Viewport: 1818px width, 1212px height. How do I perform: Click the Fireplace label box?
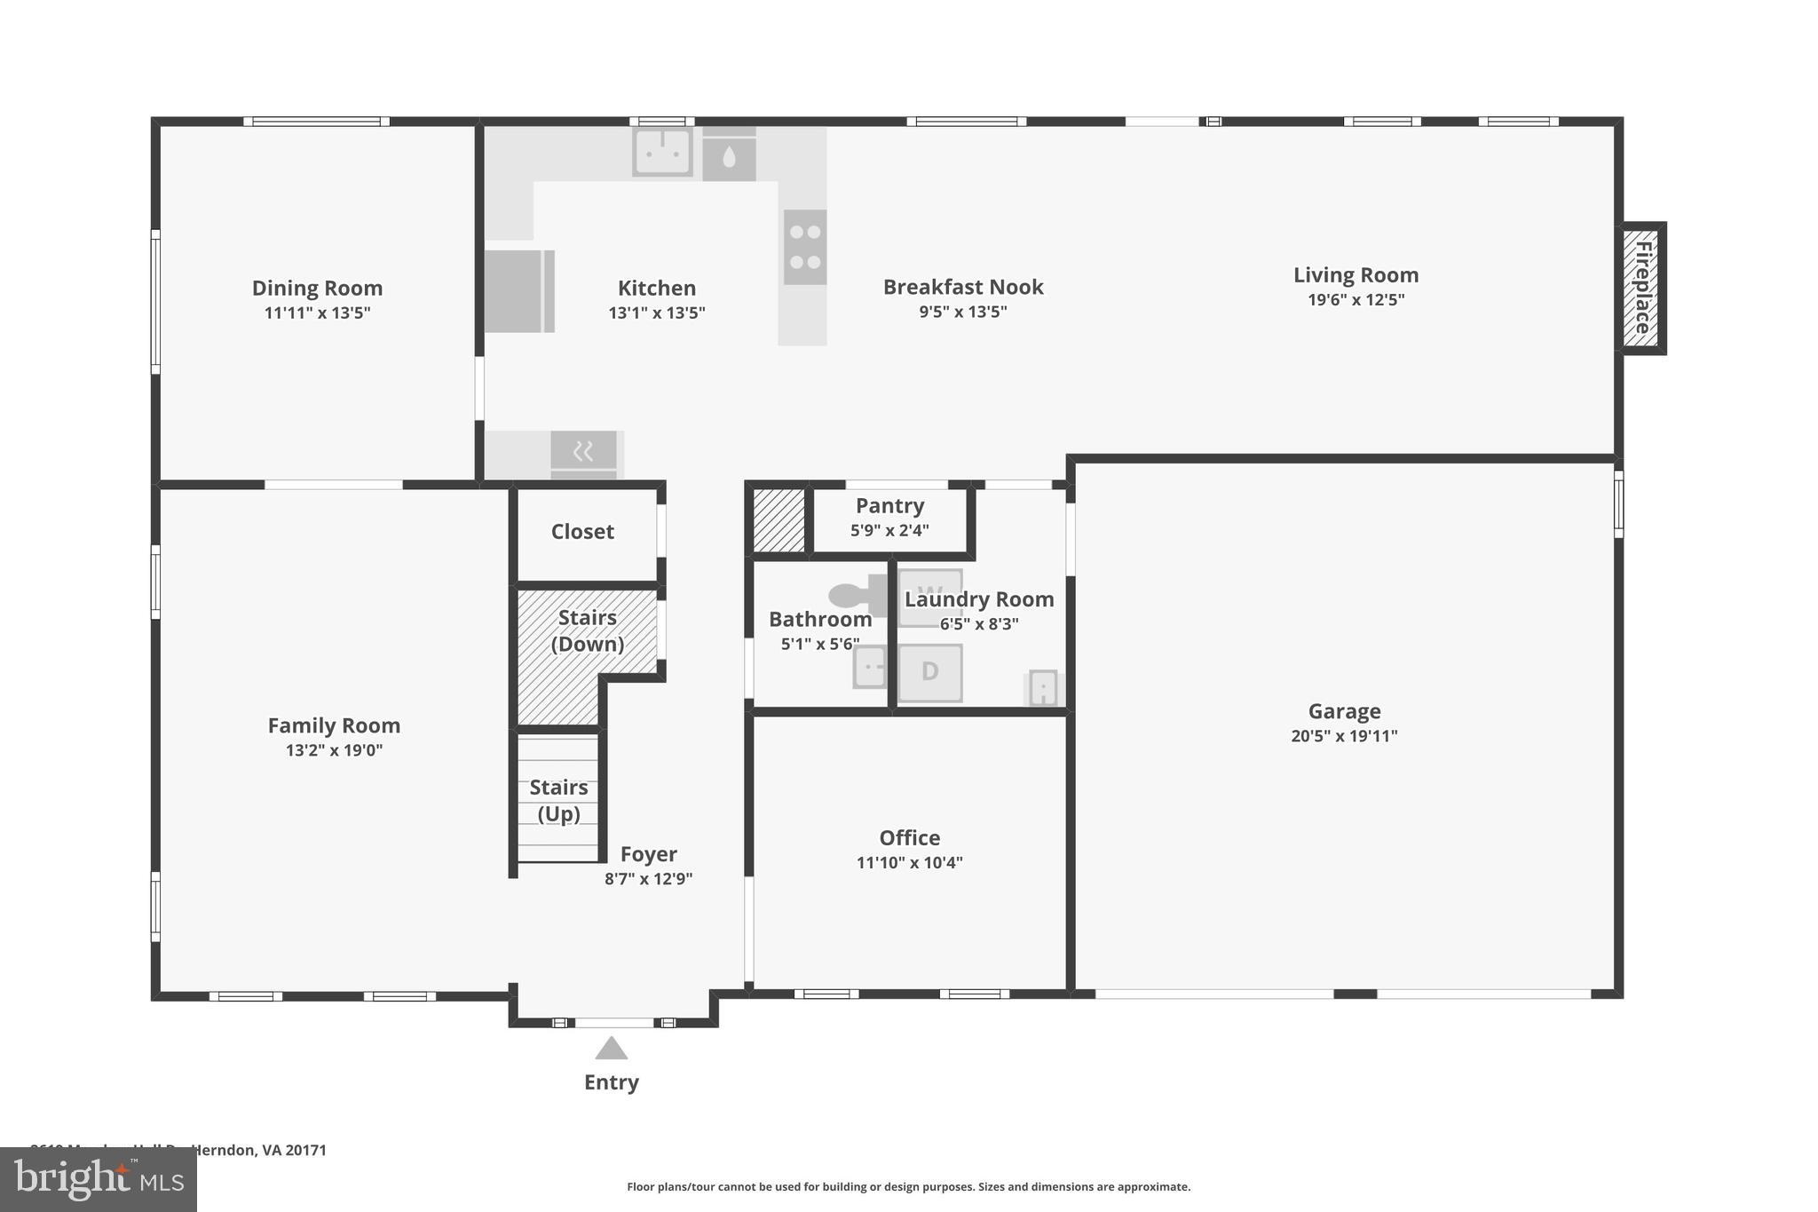[x=1641, y=288]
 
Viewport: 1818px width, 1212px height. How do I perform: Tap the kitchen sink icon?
[x=662, y=152]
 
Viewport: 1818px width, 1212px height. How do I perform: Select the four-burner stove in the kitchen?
[x=805, y=247]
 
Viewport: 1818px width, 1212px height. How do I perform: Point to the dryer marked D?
[x=929, y=672]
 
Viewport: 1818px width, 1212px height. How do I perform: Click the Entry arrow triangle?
[x=611, y=1049]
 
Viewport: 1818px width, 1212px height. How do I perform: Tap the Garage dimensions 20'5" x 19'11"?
[x=1344, y=735]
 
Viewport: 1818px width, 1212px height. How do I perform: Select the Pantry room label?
[x=889, y=505]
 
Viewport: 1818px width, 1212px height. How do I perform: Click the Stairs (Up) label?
[x=558, y=800]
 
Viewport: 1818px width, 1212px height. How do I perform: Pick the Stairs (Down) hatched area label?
[x=587, y=630]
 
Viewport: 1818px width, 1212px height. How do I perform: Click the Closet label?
[x=582, y=531]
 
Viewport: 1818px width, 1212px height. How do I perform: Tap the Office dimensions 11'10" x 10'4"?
[x=909, y=862]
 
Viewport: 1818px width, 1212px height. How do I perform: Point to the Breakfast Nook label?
[x=962, y=287]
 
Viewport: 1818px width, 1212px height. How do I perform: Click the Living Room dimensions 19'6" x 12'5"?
[x=1356, y=299]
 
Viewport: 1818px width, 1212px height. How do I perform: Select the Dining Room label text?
[x=317, y=288]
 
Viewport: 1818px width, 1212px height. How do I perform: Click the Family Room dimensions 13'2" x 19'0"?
[x=334, y=750]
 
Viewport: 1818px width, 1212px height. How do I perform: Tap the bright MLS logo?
[x=98, y=1180]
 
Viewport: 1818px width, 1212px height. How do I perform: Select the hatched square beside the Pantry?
[x=779, y=520]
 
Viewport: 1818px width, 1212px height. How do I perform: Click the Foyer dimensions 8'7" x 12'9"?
[x=648, y=879]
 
